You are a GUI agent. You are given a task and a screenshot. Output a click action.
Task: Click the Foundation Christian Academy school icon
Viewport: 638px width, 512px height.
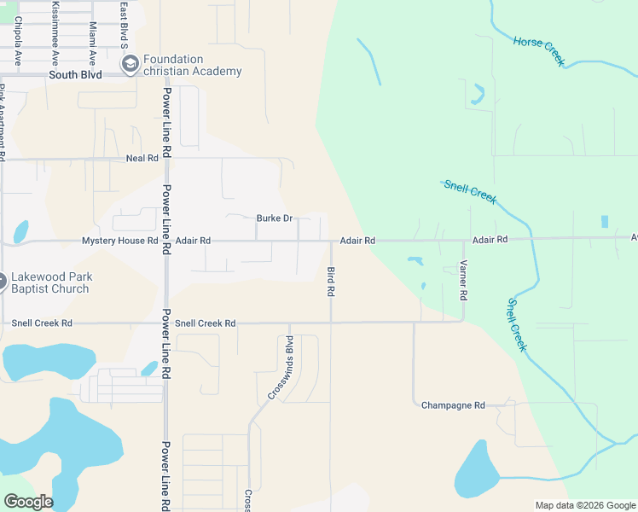(130, 65)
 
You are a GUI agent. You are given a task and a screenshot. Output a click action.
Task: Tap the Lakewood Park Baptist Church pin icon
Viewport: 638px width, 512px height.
(2, 280)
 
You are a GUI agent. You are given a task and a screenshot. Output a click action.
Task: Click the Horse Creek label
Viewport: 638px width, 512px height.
(538, 51)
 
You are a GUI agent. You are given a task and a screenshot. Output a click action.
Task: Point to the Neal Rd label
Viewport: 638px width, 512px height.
(142, 159)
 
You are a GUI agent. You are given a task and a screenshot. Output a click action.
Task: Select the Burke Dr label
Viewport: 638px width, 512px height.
(274, 218)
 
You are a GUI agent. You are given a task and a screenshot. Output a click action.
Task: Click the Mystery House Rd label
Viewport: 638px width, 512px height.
(119, 241)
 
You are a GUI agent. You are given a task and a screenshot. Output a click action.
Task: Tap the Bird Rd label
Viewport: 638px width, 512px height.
(331, 281)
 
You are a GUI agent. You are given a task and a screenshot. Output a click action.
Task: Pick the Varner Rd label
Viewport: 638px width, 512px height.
(464, 280)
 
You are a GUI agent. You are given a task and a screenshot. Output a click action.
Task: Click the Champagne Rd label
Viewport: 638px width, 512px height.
(453, 405)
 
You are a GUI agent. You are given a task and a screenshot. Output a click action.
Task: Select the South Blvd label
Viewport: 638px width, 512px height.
(75, 75)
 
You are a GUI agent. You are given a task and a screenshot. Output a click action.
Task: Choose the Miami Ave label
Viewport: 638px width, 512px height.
(91, 43)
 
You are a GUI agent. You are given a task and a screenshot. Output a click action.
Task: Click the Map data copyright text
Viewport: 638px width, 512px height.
(584, 505)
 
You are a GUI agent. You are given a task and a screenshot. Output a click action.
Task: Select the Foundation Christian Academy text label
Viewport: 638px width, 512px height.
(192, 66)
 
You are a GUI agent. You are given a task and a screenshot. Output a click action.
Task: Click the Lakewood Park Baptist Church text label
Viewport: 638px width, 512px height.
(51, 283)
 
